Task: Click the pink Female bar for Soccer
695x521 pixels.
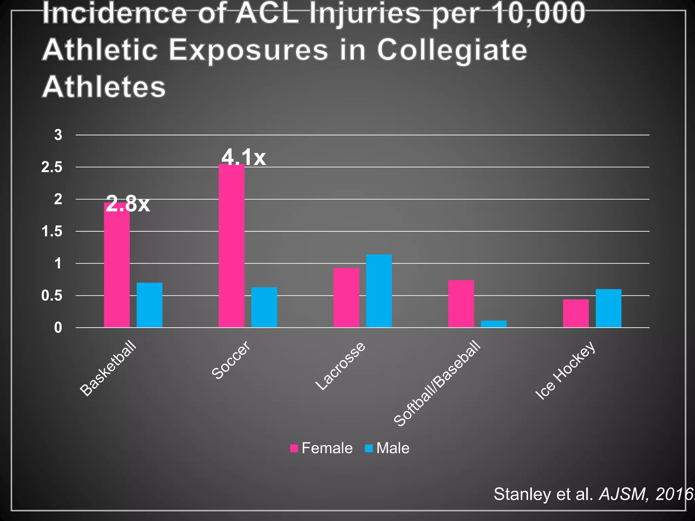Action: coord(231,246)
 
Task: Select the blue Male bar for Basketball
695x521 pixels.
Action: coord(149,305)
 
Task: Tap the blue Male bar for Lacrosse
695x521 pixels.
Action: coord(379,291)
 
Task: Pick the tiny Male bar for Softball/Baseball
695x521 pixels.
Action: coord(493,324)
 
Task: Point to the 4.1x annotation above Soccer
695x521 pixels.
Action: coord(243,157)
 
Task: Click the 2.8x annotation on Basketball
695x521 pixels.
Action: coord(128,204)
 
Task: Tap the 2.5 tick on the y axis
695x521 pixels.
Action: coord(52,167)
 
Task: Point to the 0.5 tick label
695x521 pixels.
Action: coord(52,296)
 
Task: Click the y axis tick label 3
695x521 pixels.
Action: coord(58,135)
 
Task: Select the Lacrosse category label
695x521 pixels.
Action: coord(340,366)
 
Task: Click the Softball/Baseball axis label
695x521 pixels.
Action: coord(437,384)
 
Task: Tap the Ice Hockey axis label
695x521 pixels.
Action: coord(565,370)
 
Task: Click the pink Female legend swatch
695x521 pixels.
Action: coord(294,448)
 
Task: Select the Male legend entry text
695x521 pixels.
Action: coord(393,448)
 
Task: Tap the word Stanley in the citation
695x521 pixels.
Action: coord(522,494)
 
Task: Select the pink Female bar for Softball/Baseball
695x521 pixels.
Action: coord(461,304)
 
